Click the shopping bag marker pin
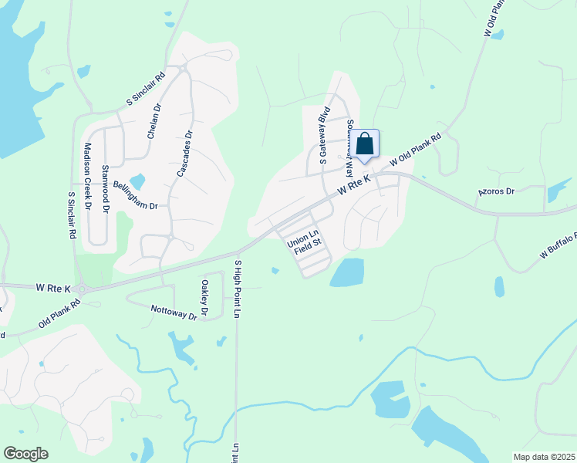366,144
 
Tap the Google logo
25,454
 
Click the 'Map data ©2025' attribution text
545,457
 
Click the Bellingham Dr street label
135,196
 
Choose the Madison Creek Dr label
88,177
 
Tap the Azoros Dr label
495,191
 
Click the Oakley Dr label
204,299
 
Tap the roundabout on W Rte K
83,289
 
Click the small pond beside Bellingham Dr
137,182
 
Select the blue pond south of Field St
347,272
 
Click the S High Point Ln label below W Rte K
237,287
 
